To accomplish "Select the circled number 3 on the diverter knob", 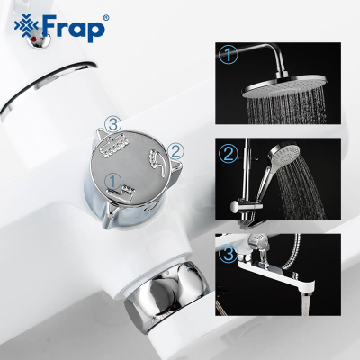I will (112, 124).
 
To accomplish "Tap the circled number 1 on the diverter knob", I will (112, 179).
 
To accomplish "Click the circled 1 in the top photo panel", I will (230, 57).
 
